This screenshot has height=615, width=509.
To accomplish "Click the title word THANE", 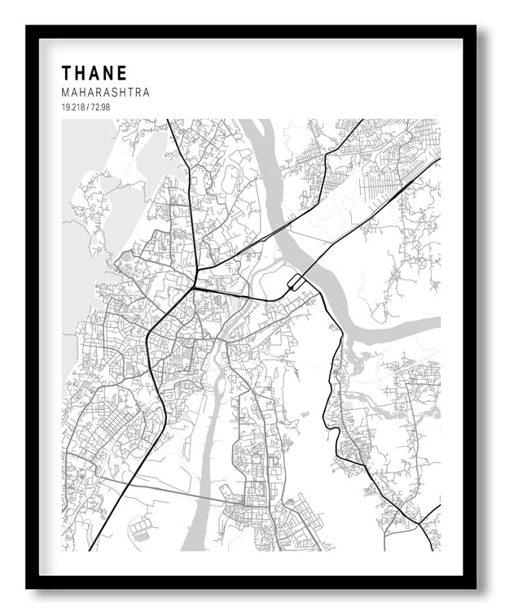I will coord(94,72).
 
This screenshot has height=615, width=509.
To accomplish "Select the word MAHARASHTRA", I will coord(105,93).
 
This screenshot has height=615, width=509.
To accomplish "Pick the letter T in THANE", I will coord(66,72).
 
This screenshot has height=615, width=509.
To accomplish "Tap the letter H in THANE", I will coord(80,72).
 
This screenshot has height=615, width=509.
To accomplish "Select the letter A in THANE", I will coord(94,72).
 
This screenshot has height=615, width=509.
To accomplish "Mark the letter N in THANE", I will coord(109,72).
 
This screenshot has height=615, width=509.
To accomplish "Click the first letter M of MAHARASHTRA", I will coord(65,93).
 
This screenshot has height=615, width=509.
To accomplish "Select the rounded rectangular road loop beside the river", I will coord(296,282).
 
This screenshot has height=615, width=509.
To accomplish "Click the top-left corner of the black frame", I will coord(28,28).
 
